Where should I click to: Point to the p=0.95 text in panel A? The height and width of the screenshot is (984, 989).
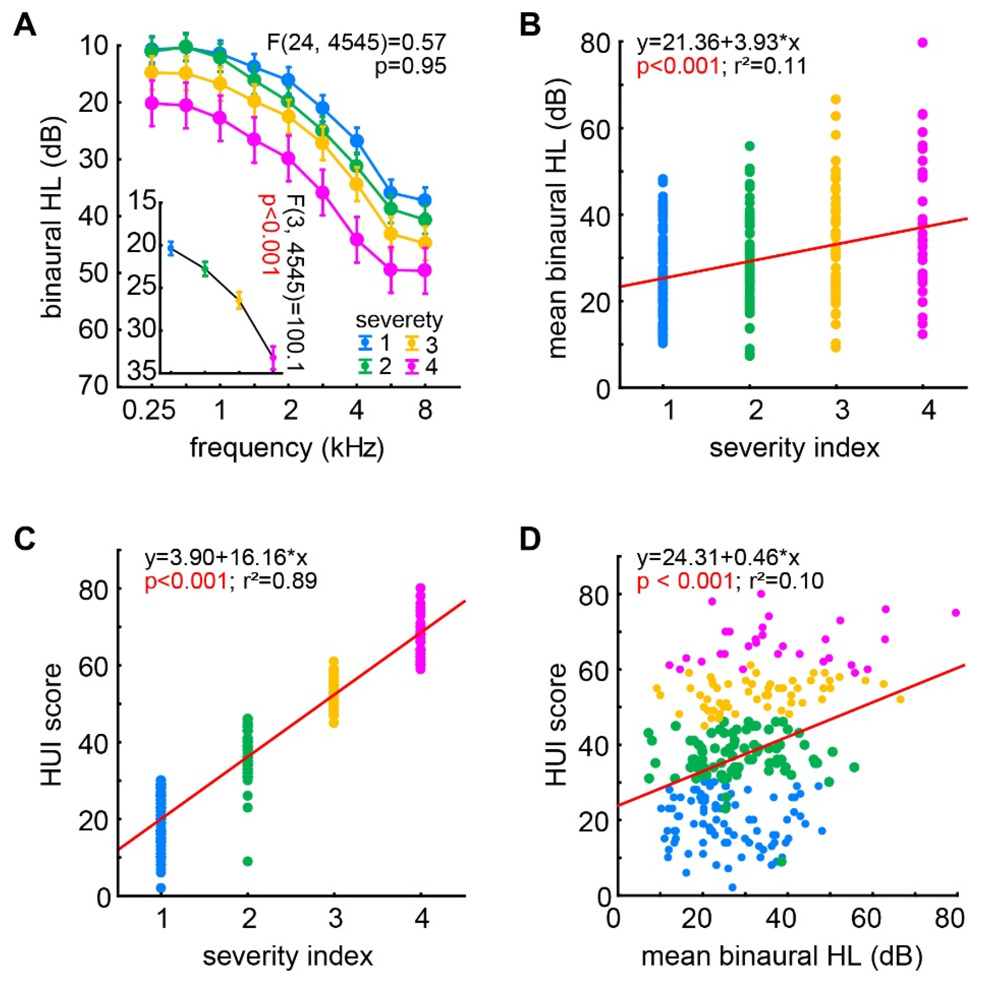coord(410,66)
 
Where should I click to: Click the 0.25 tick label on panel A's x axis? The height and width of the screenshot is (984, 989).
coord(149,410)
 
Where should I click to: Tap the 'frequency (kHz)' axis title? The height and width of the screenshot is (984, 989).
coord(287,448)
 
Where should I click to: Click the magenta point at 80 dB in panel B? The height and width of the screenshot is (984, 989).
coord(923,43)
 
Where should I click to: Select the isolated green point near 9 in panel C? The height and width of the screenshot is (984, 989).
coord(248,861)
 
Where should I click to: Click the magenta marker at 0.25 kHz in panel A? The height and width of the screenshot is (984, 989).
coord(151,103)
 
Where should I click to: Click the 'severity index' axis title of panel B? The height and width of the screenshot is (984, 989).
coord(794,448)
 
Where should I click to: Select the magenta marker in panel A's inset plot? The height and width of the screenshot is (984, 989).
coord(273,357)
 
